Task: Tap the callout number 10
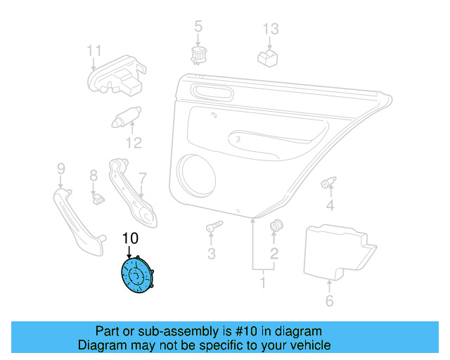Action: click(130, 238)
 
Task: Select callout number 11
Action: click(94, 51)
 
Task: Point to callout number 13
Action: click(271, 30)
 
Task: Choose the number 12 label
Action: click(134, 143)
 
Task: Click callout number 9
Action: click(60, 168)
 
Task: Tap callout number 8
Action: click(93, 176)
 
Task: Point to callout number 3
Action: click(211, 253)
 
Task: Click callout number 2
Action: click(274, 252)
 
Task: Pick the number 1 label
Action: click(263, 283)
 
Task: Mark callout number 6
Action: click(329, 302)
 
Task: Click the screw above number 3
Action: click(214, 227)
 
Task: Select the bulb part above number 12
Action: click(127, 116)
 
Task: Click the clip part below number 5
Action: click(198, 53)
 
